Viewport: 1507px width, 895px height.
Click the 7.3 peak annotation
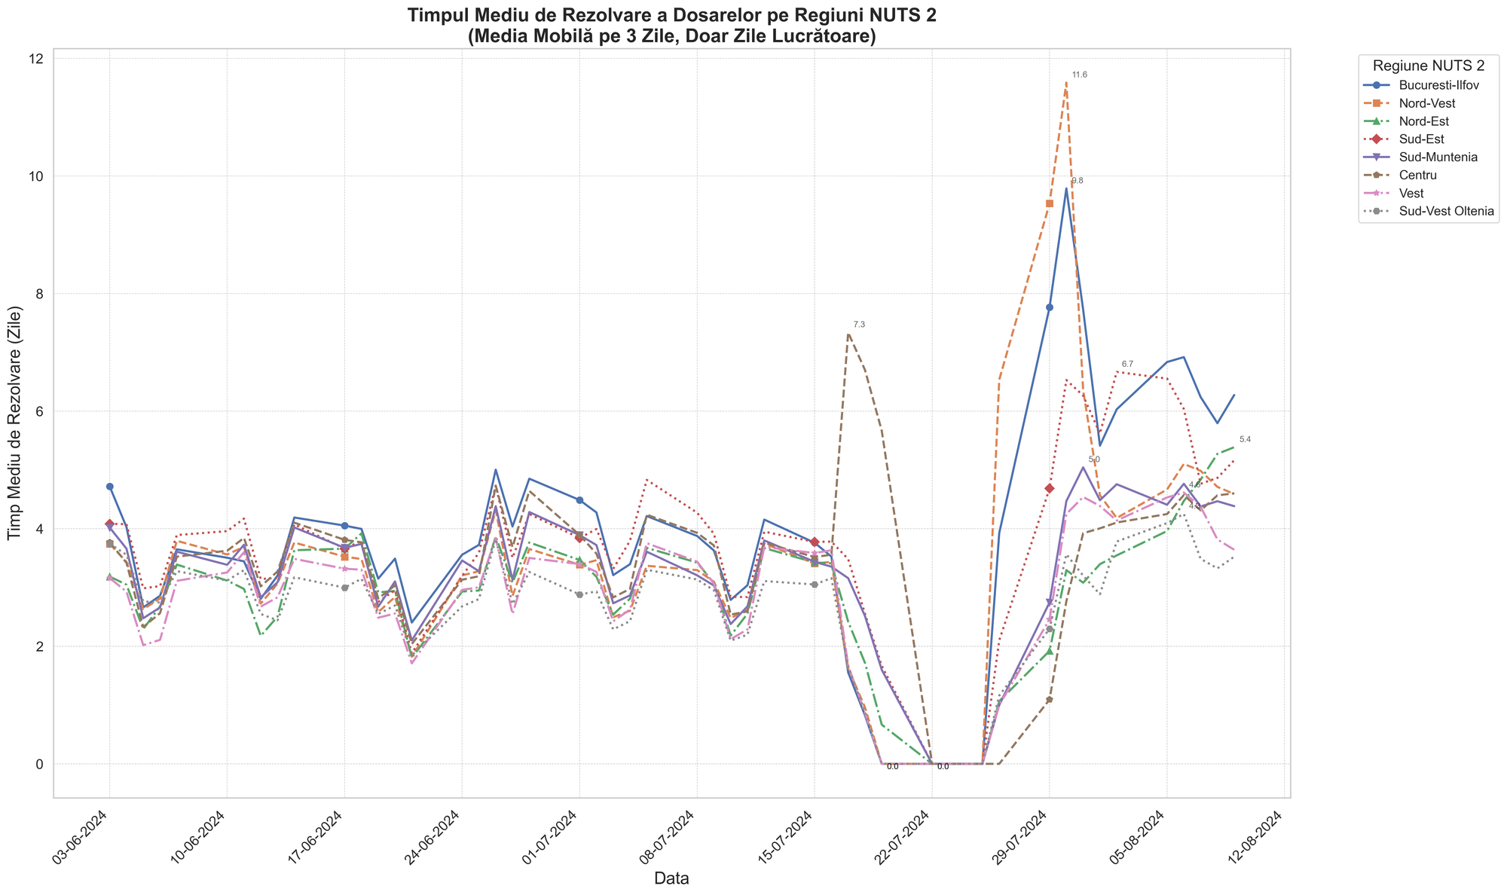coord(859,325)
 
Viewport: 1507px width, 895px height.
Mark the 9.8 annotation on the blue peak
coord(1078,181)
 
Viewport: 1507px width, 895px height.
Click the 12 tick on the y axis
coord(36,59)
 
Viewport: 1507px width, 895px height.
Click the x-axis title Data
coord(671,878)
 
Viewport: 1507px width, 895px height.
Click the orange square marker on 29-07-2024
coord(1050,203)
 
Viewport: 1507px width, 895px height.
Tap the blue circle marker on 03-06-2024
coord(110,487)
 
